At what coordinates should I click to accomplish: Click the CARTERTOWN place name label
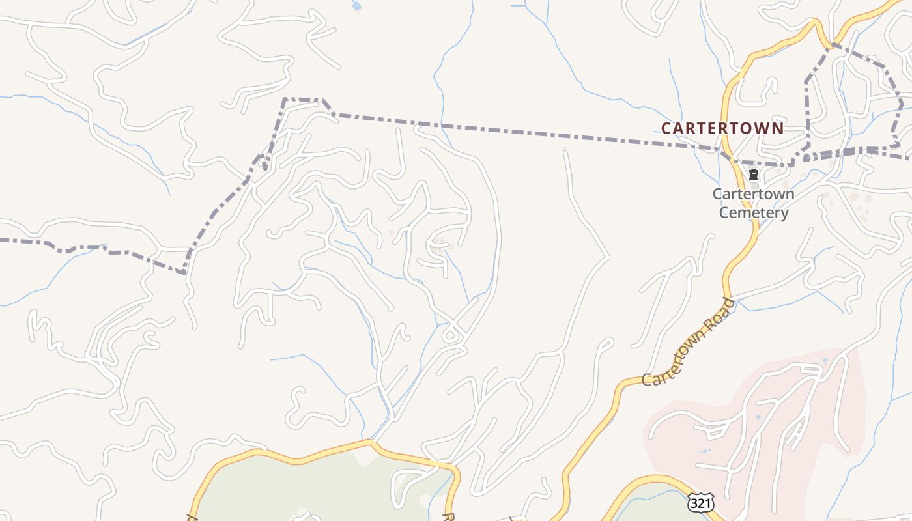pos(722,128)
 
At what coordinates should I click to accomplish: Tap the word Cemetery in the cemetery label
pos(754,212)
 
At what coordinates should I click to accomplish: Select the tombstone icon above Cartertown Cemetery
pos(754,175)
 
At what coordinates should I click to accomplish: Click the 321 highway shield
pos(700,503)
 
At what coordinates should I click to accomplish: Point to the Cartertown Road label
pos(689,342)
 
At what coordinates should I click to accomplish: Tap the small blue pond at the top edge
pos(356,6)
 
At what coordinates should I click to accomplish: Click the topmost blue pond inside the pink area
pos(825,359)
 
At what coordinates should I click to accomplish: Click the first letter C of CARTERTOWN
pos(666,128)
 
